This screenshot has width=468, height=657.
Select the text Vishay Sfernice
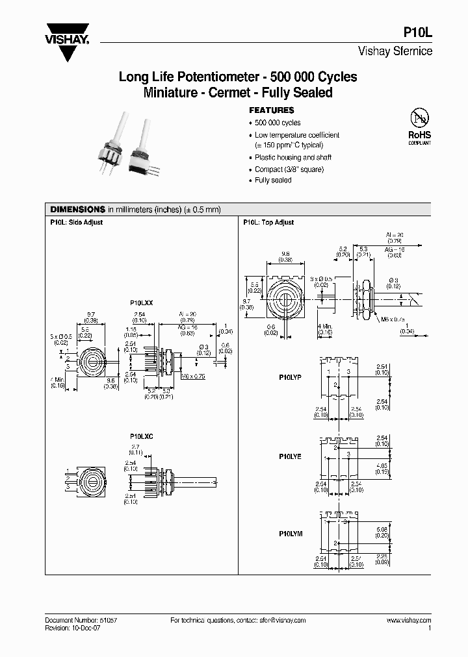coord(395,52)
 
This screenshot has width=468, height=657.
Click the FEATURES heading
coord(272,110)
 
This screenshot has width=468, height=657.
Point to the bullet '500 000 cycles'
coord(278,123)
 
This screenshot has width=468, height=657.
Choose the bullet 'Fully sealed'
coord(273,180)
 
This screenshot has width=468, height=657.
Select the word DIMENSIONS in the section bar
coord(78,210)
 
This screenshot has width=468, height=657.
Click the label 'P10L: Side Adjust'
coord(77,223)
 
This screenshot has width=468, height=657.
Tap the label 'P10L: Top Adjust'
coord(268,223)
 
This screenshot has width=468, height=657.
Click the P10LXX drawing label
coord(142,303)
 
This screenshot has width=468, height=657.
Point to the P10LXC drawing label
coord(142,436)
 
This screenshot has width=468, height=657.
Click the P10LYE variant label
coord(291,456)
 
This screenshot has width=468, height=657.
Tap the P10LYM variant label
coord(291,533)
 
